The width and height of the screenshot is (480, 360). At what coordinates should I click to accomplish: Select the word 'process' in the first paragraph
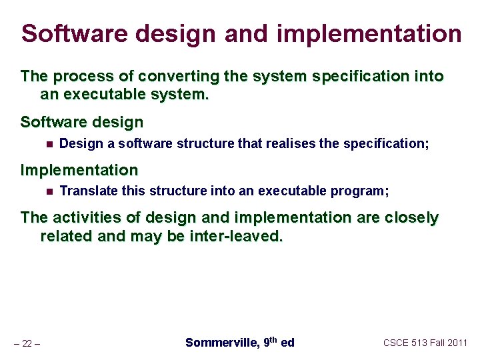click(x=77, y=77)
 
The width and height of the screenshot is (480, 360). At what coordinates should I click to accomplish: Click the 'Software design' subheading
click(x=81, y=123)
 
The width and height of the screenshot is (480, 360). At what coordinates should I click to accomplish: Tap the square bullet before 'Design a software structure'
click(x=48, y=143)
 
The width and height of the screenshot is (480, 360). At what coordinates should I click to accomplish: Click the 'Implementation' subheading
click(x=79, y=171)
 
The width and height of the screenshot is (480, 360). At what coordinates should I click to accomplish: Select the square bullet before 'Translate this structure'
click(x=48, y=191)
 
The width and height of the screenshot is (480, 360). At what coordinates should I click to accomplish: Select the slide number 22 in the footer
click(x=27, y=343)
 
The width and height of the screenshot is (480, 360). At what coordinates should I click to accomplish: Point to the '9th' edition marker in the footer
click(x=270, y=342)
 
